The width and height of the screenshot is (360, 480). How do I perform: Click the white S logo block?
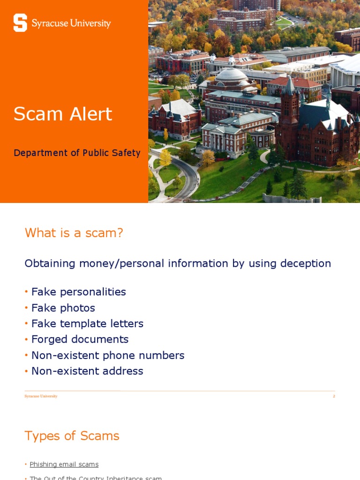(20, 22)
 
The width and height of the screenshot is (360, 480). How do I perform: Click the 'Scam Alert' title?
(63, 114)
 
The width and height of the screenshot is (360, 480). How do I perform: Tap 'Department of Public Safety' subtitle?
(77, 153)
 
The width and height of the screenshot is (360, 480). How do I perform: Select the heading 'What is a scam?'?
(74, 232)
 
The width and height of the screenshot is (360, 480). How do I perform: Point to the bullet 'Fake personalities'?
(78, 292)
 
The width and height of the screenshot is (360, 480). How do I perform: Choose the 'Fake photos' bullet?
(63, 308)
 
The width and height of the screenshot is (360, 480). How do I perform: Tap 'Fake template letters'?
(87, 323)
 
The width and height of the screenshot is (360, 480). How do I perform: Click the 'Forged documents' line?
(80, 339)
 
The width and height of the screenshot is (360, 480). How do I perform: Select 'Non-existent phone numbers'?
(108, 355)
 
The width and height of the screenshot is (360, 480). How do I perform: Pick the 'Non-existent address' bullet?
(87, 371)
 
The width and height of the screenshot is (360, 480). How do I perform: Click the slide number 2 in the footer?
(334, 396)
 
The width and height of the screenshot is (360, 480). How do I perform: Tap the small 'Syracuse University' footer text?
(41, 396)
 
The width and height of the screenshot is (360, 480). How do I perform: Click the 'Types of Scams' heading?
(72, 436)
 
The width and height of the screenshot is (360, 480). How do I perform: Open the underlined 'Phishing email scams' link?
(64, 465)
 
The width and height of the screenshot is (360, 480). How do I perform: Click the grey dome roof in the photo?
(231, 75)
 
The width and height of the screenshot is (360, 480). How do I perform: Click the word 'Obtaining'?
(50, 263)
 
